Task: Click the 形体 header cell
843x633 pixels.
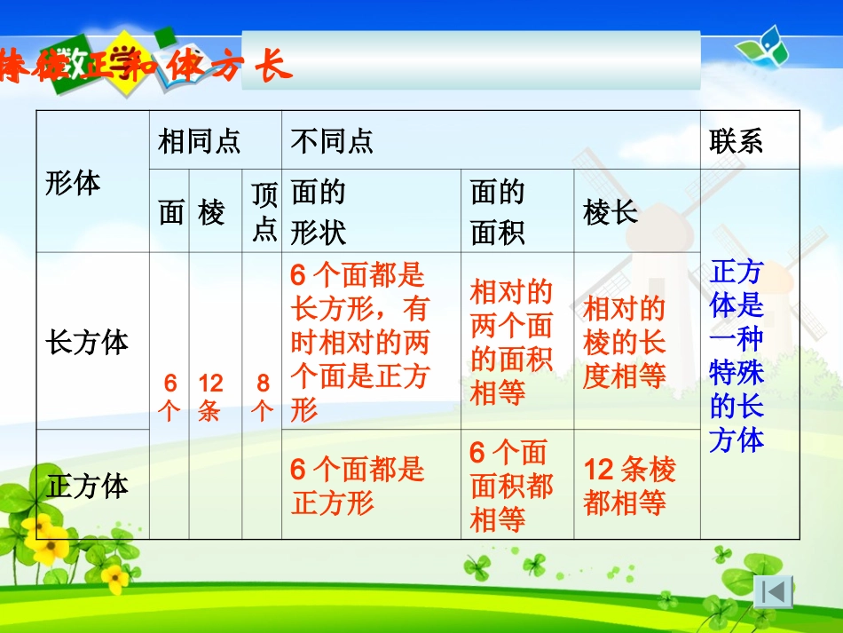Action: pyautogui.click(x=73, y=183)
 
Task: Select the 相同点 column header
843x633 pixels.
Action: pyautogui.click(x=199, y=141)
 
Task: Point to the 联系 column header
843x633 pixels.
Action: pyautogui.click(x=736, y=141)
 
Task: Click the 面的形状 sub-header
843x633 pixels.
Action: pyautogui.click(x=319, y=212)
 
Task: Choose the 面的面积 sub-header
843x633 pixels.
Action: pyautogui.click(x=498, y=212)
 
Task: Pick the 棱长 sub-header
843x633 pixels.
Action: pyautogui.click(x=611, y=212)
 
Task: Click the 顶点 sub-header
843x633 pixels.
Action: pyautogui.click(x=264, y=212)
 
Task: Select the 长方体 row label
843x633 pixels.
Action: pyautogui.click(x=87, y=342)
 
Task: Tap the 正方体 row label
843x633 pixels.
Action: pyautogui.click(x=87, y=486)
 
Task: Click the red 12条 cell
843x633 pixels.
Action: pyautogui.click(x=210, y=397)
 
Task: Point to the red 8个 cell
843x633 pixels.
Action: pyautogui.click(x=263, y=397)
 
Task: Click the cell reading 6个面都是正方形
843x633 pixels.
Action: pyautogui.click(x=358, y=486)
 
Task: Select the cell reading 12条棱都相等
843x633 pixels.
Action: pyautogui.click(x=629, y=486)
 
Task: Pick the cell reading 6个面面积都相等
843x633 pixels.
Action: pyautogui.click(x=511, y=486)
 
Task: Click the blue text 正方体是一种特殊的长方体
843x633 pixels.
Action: pyautogui.click(x=737, y=356)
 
